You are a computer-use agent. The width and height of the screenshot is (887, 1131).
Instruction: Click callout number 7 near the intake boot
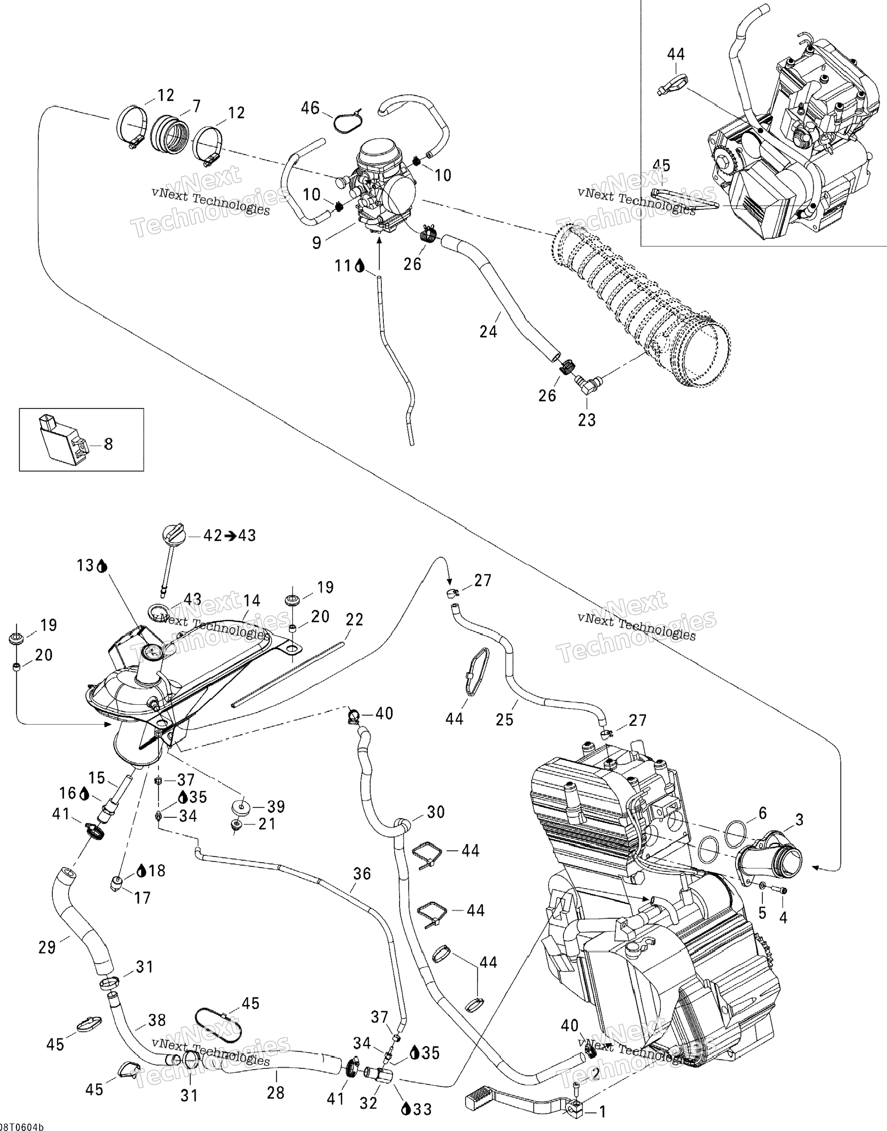[196, 107]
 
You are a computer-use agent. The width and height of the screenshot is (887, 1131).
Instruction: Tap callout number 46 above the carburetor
[310, 108]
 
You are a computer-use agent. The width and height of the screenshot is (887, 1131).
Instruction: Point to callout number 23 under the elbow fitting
[587, 420]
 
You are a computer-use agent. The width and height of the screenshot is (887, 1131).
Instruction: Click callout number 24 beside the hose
[488, 331]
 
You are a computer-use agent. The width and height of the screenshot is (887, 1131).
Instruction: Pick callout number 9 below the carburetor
[317, 243]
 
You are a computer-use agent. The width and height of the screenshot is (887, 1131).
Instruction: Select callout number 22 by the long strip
[355, 620]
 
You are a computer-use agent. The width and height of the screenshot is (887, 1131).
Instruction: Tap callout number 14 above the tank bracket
[252, 601]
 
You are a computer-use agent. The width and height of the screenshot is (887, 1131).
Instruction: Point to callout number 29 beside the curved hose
[47, 948]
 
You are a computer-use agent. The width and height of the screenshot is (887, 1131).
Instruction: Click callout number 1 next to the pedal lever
[602, 1111]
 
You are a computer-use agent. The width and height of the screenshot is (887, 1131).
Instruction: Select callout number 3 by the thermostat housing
[799, 820]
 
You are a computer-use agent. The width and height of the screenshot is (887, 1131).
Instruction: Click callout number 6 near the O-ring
[762, 813]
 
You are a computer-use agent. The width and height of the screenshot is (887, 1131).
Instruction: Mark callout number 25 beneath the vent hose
[504, 719]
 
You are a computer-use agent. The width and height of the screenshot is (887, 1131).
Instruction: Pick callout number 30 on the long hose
[436, 812]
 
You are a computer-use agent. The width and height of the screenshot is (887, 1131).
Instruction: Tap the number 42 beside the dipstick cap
[212, 536]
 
